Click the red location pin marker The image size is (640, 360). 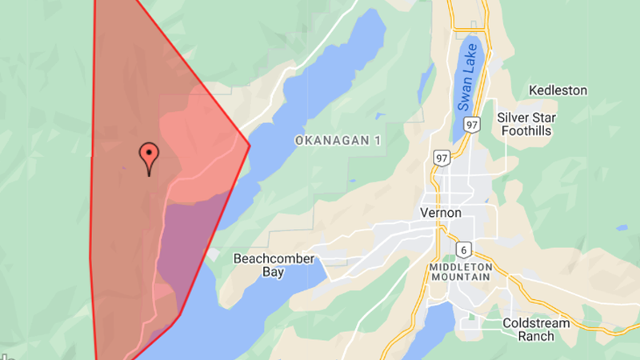click(148, 154)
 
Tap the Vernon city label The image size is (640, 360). click(440, 214)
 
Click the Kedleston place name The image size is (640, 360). click(558, 90)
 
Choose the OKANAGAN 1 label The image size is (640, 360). click(338, 141)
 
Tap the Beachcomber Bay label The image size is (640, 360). click(274, 266)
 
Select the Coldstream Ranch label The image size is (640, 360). click(536, 330)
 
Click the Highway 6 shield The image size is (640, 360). click(463, 249)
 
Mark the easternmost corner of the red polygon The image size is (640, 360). click(250, 145)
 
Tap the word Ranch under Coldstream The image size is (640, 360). click(535, 336)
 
